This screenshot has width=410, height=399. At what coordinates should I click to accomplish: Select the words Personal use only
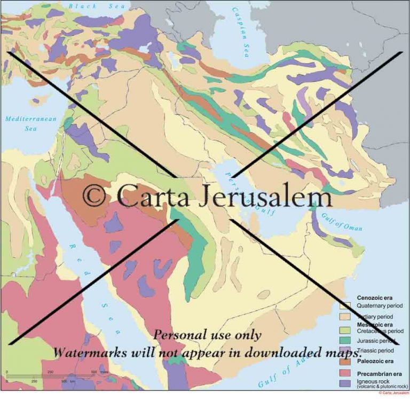[x=208, y=335]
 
